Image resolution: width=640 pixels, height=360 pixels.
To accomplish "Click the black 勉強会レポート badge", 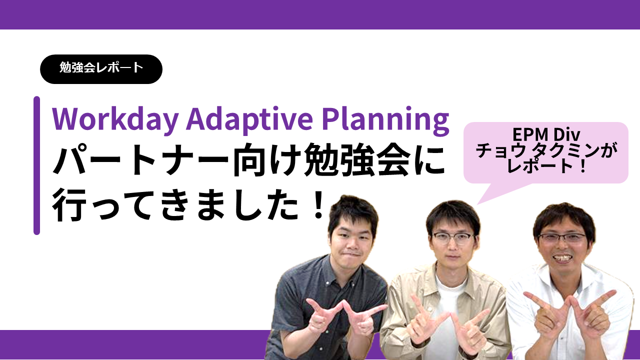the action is click(x=101, y=69).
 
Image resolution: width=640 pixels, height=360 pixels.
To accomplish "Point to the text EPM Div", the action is click(x=546, y=134).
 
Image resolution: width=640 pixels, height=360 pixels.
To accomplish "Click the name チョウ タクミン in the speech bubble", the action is click(x=537, y=150).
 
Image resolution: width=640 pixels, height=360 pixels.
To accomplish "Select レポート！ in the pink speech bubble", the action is click(x=546, y=166).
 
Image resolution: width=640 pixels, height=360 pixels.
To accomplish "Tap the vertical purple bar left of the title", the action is click(x=36, y=165).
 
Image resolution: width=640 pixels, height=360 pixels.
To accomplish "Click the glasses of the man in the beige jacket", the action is click(x=453, y=237).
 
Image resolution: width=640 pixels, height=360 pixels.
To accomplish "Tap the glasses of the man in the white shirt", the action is click(x=561, y=237).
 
